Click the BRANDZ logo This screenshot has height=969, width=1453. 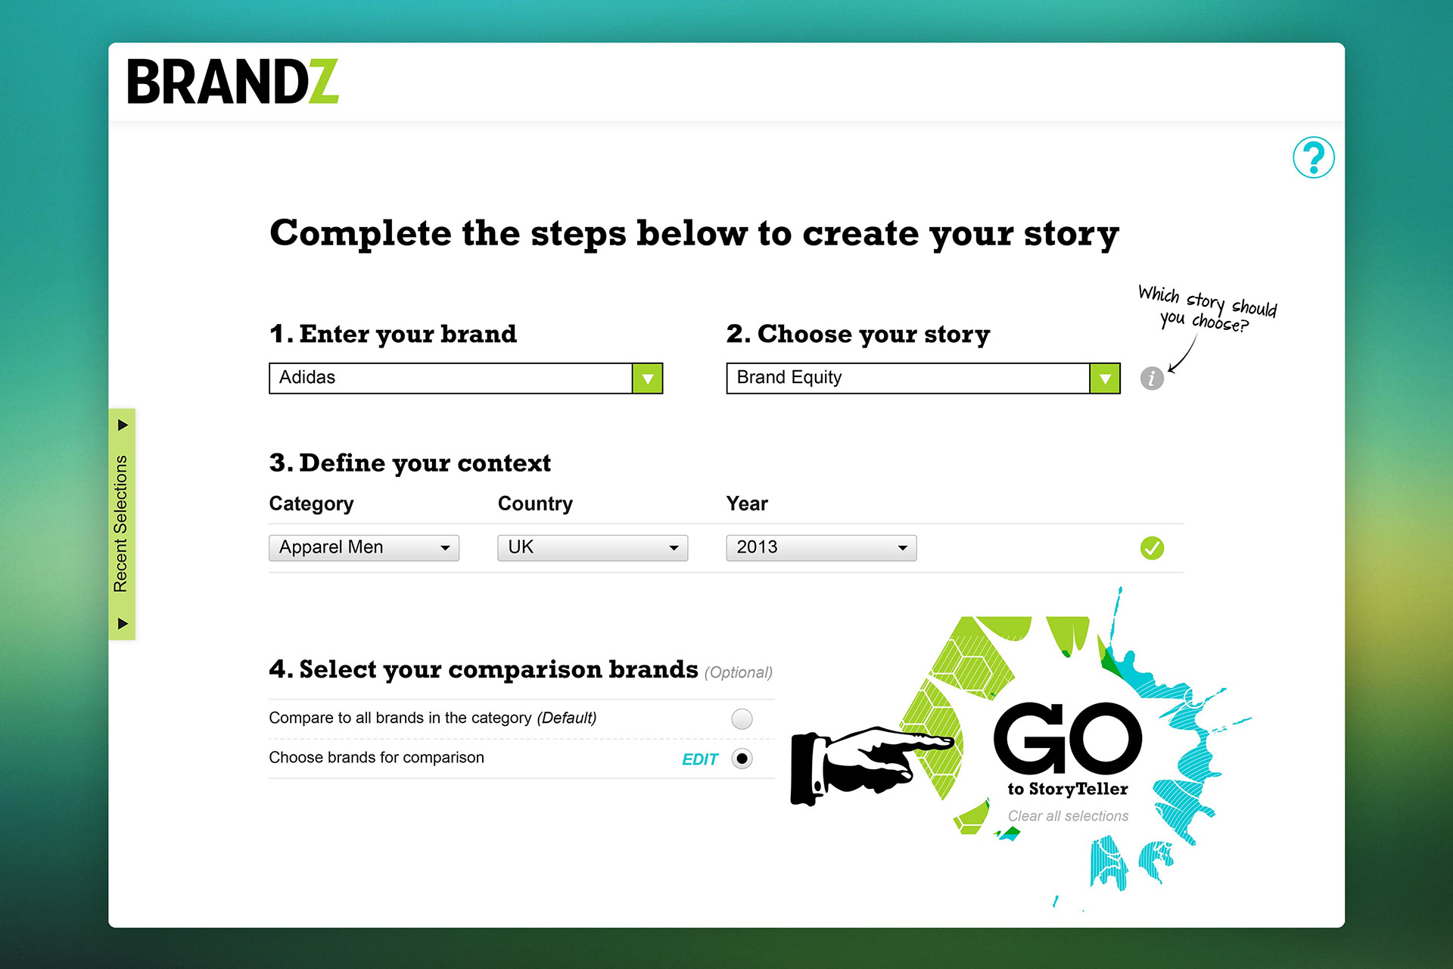pyautogui.click(x=232, y=82)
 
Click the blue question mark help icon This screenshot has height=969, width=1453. pyautogui.click(x=1313, y=157)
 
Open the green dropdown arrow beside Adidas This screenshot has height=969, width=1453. pyautogui.click(x=648, y=379)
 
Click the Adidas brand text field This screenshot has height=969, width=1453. pyautogui.click(x=451, y=378)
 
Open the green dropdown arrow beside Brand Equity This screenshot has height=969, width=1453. pyautogui.click(x=1105, y=379)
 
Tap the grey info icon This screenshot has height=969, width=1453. pyautogui.click(x=1152, y=378)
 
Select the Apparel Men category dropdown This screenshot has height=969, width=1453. pyautogui.click(x=364, y=547)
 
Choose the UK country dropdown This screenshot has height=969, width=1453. pyautogui.click(x=593, y=547)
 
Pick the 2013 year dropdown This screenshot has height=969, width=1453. pyautogui.click(x=821, y=547)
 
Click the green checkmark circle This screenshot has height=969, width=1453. pyautogui.click(x=1152, y=547)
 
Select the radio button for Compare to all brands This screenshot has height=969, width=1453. pyautogui.click(x=742, y=718)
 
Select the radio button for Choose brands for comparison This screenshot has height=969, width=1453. pyautogui.click(x=742, y=759)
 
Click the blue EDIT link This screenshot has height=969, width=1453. pyautogui.click(x=700, y=759)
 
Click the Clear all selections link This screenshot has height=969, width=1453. pyautogui.click(x=1068, y=816)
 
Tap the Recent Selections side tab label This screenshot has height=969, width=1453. pyautogui.click(x=121, y=524)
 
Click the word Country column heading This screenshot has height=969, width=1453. pyautogui.click(x=535, y=503)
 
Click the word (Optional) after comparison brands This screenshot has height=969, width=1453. pyautogui.click(x=739, y=672)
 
